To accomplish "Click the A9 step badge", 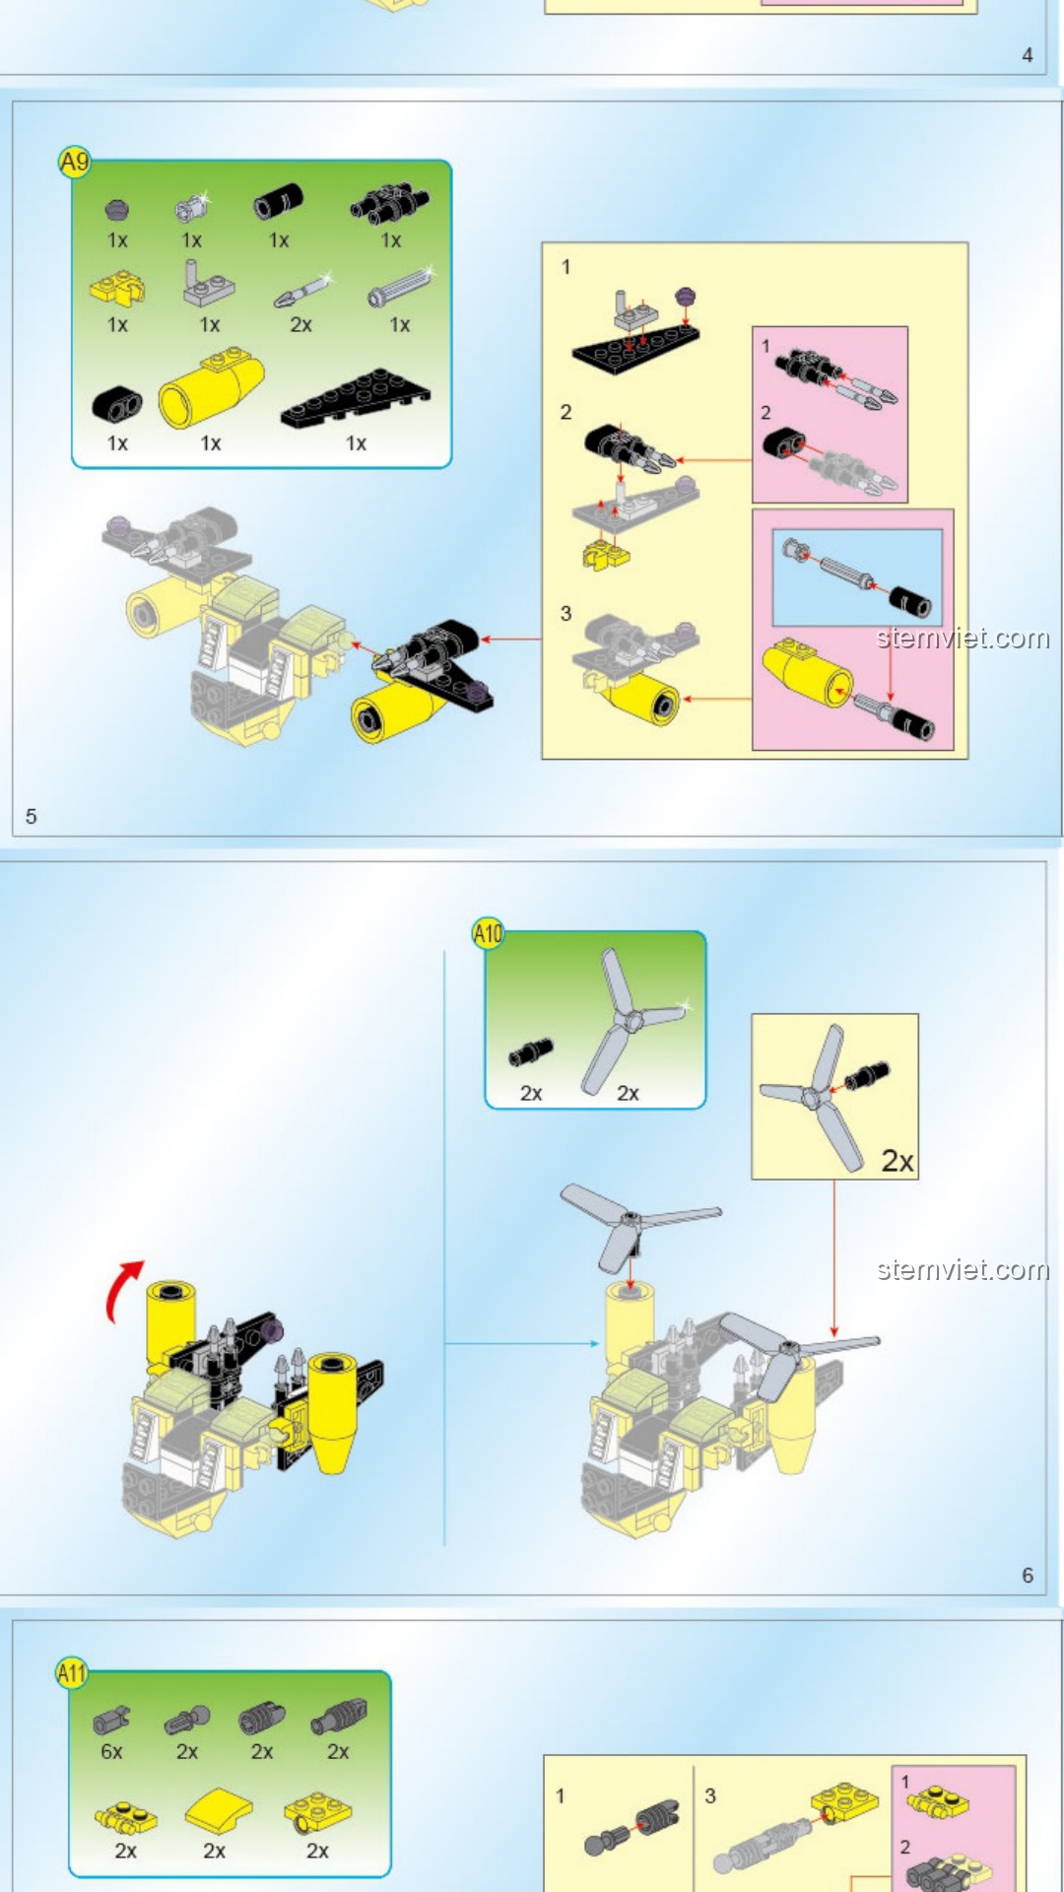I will point(75,162).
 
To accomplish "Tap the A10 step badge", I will point(488,932).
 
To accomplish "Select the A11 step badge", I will point(71,1672).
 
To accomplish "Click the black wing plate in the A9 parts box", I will point(356,400).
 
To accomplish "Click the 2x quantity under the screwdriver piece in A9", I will point(300,325).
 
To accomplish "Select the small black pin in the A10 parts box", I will point(531,1053).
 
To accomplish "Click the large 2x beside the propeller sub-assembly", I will point(897,1161).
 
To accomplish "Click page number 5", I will point(32,816).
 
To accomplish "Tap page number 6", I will point(1028,1576).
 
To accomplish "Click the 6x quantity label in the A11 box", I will point(111,1752).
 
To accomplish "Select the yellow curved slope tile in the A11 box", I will point(218,1809).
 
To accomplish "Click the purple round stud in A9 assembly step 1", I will point(686,296).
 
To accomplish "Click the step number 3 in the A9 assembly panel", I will point(565,613).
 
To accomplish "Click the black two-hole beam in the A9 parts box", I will point(117,402).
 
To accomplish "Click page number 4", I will point(1028,55).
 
